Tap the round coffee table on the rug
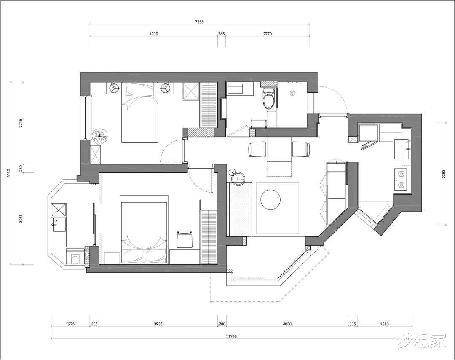point(270,199)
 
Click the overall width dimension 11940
point(231,336)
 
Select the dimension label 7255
point(199,21)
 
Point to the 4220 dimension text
point(153,34)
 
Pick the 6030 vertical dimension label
point(9,173)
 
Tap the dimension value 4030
point(287,324)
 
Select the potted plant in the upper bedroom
point(99,136)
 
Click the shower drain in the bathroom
point(292,93)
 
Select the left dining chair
point(257,149)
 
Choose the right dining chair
point(301,149)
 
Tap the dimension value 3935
point(158,324)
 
